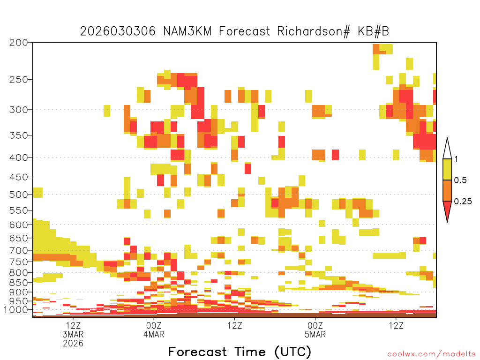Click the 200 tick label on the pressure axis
click(x=18, y=43)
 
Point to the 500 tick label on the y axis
click(x=18, y=195)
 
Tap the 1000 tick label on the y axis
click(x=16, y=310)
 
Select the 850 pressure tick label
click(x=18, y=283)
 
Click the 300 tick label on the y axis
click(x=18, y=110)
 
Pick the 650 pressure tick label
click(x=18, y=238)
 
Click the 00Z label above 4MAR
click(x=154, y=325)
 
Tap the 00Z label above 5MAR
click(x=315, y=325)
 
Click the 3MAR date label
click(x=73, y=334)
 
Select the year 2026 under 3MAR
click(x=73, y=344)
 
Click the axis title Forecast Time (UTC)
click(x=240, y=352)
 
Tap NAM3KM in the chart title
click(x=187, y=31)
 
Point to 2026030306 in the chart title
click(x=118, y=31)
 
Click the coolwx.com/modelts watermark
click(x=431, y=354)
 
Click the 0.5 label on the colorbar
click(x=460, y=180)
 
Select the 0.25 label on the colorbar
click(x=463, y=202)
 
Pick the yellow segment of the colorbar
click(x=447, y=169)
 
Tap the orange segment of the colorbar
click(x=447, y=190)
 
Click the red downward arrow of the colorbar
click(x=447, y=210)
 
